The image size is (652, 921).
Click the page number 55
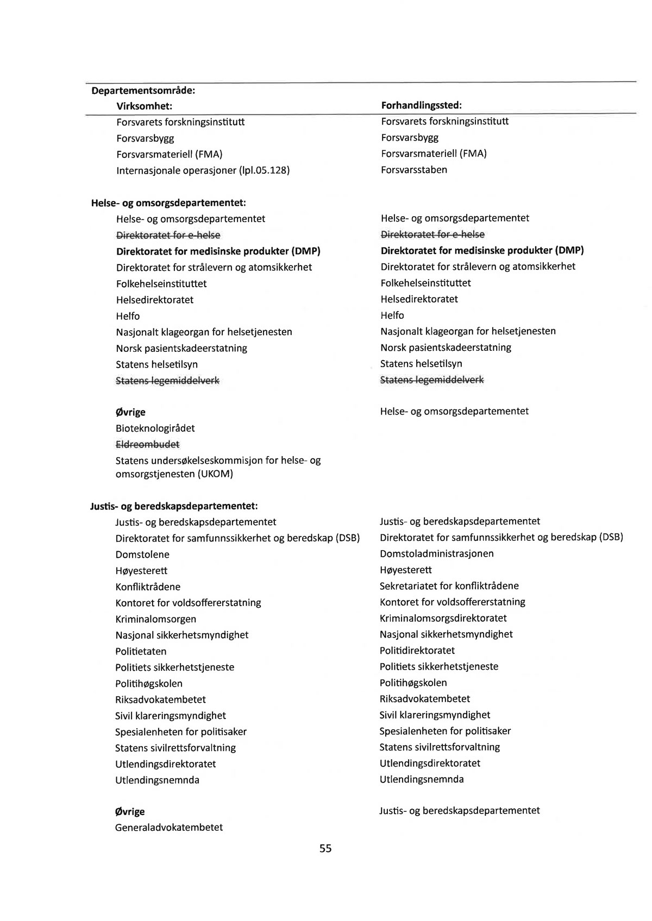pos(325,848)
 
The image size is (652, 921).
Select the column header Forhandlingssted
pos(421,105)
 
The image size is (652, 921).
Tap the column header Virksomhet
pos(144,106)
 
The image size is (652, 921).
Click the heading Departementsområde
pos(143,90)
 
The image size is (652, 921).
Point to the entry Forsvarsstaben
pos(414,170)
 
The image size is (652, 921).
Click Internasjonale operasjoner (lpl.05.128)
pos(203,171)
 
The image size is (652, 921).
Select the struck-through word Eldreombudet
pos(147,444)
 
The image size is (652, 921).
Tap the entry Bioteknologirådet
pos(155,428)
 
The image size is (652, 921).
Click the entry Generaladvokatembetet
pos(169,828)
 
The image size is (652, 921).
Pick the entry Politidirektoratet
pos(417,651)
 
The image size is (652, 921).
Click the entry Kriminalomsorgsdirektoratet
pos(443,619)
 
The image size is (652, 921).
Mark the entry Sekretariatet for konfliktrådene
pos(449,586)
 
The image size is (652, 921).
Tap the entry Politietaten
pos(141,652)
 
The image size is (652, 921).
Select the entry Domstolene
pos(142,555)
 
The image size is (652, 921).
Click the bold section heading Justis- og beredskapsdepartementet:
pos(173,506)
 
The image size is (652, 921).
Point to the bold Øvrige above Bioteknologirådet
pos(130,412)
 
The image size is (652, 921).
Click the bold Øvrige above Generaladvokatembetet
pos(130,812)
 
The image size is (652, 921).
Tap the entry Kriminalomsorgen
pos(155,619)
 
